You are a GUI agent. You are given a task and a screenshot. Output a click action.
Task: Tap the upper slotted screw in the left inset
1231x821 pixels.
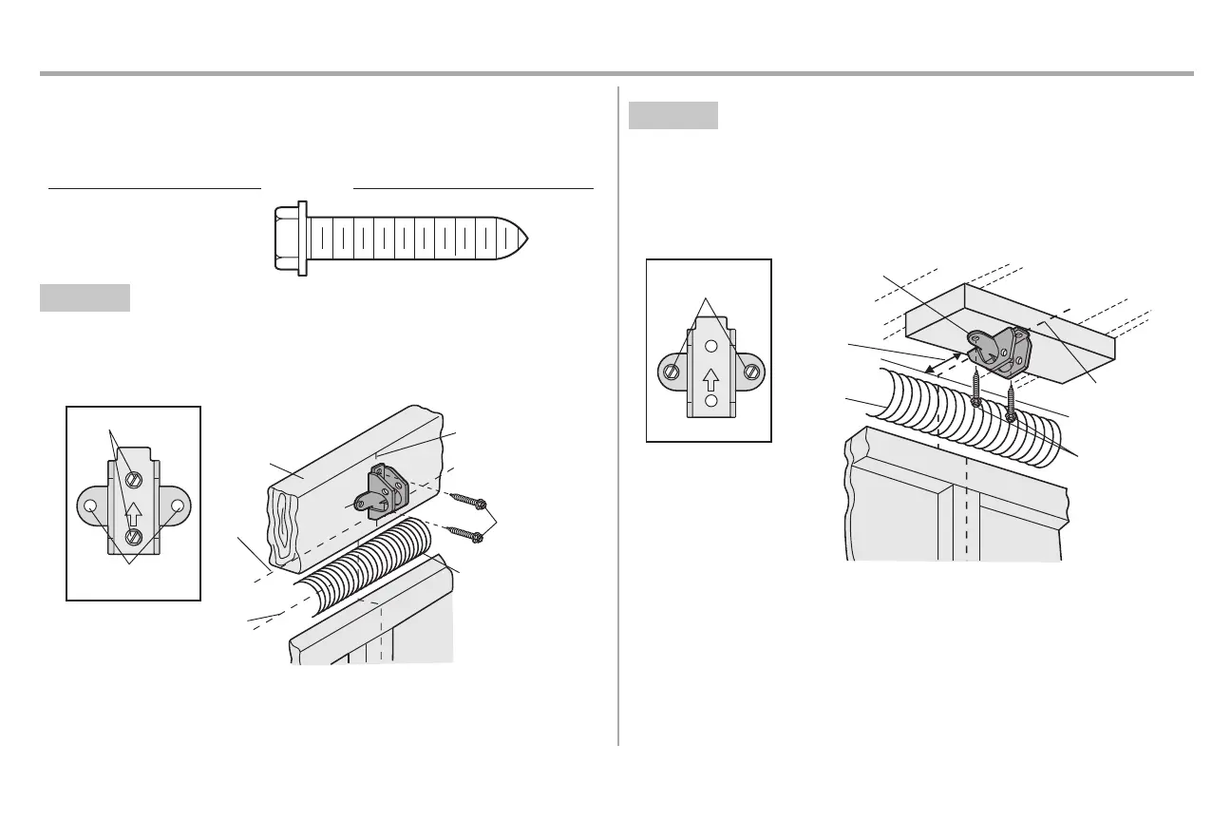point(134,478)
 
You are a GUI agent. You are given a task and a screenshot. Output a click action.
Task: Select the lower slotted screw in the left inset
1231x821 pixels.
point(134,538)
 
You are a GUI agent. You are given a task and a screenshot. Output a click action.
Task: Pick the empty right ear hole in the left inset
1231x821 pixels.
point(178,506)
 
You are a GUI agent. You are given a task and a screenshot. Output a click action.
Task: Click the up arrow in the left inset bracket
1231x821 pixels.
point(134,511)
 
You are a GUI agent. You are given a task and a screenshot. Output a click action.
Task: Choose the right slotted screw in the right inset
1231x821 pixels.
point(750,372)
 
